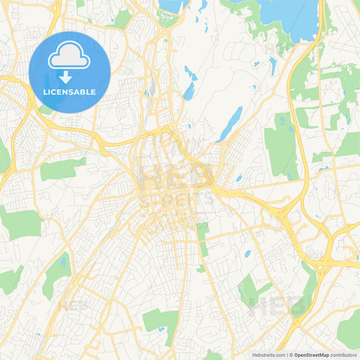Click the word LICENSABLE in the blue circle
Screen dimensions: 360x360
(70, 91)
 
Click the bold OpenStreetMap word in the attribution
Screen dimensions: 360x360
(311, 354)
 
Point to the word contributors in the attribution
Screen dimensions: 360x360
(344, 354)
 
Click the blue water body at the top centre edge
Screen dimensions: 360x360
(172, 6)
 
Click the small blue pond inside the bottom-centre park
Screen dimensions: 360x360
(161, 330)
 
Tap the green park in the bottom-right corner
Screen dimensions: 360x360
(349, 329)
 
